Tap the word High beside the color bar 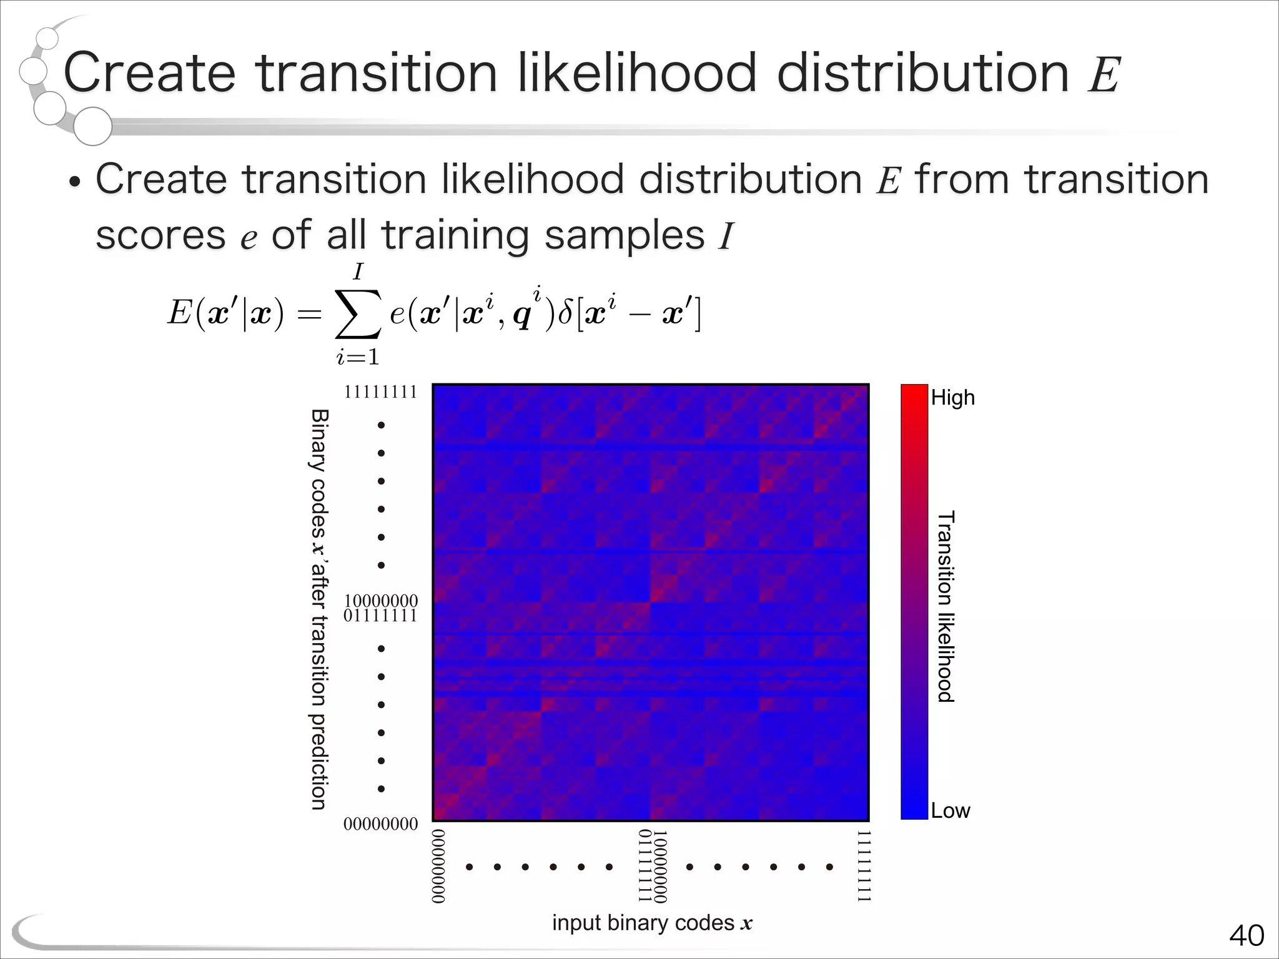pyautogui.click(x=952, y=398)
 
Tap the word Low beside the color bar pyautogui.click(x=950, y=810)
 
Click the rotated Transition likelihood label pyautogui.click(x=946, y=606)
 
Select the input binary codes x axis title pyautogui.click(x=652, y=923)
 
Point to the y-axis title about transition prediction pyautogui.click(x=319, y=609)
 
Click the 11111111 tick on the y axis pyautogui.click(x=380, y=392)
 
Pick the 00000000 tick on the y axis pyautogui.click(x=380, y=824)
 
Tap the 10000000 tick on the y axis pyautogui.click(x=380, y=601)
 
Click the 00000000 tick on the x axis pyautogui.click(x=439, y=866)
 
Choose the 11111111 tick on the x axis pyautogui.click(x=863, y=866)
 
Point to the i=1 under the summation pyautogui.click(x=358, y=357)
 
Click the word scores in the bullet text pyautogui.click(x=160, y=236)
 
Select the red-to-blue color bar pyautogui.click(x=914, y=602)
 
